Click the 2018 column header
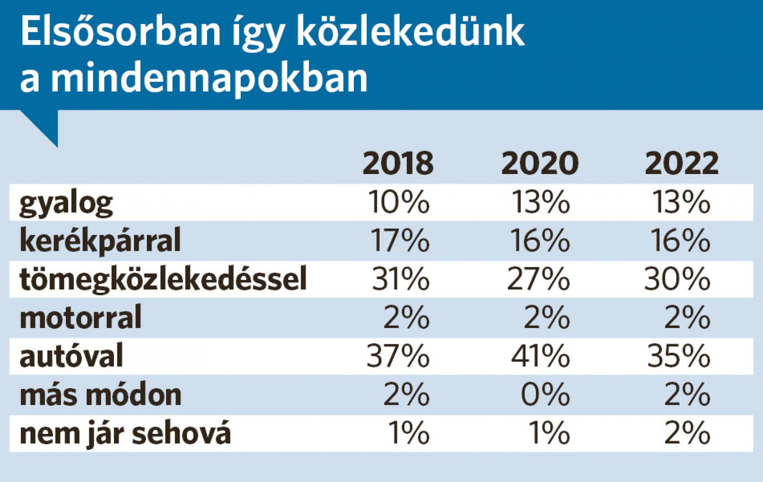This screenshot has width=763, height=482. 398,163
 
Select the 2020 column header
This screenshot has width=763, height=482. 540,163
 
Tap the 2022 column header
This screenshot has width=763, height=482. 681,163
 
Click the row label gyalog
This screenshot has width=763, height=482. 66,204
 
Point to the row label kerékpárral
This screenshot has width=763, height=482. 100,240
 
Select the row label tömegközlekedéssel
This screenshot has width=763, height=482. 163,279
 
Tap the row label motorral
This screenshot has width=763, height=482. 81,318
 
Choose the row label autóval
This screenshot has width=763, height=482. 72,356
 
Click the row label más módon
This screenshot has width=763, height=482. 101,395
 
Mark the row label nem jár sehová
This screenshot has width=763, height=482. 125,433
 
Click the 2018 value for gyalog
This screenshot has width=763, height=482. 399,202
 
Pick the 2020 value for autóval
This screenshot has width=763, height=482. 540,356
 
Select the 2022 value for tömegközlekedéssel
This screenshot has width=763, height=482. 677,279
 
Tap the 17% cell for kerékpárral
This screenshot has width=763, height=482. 400,240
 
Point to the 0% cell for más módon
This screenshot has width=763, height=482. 545,395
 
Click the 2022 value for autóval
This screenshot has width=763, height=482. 679,356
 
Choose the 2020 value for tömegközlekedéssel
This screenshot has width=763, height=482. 538,279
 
